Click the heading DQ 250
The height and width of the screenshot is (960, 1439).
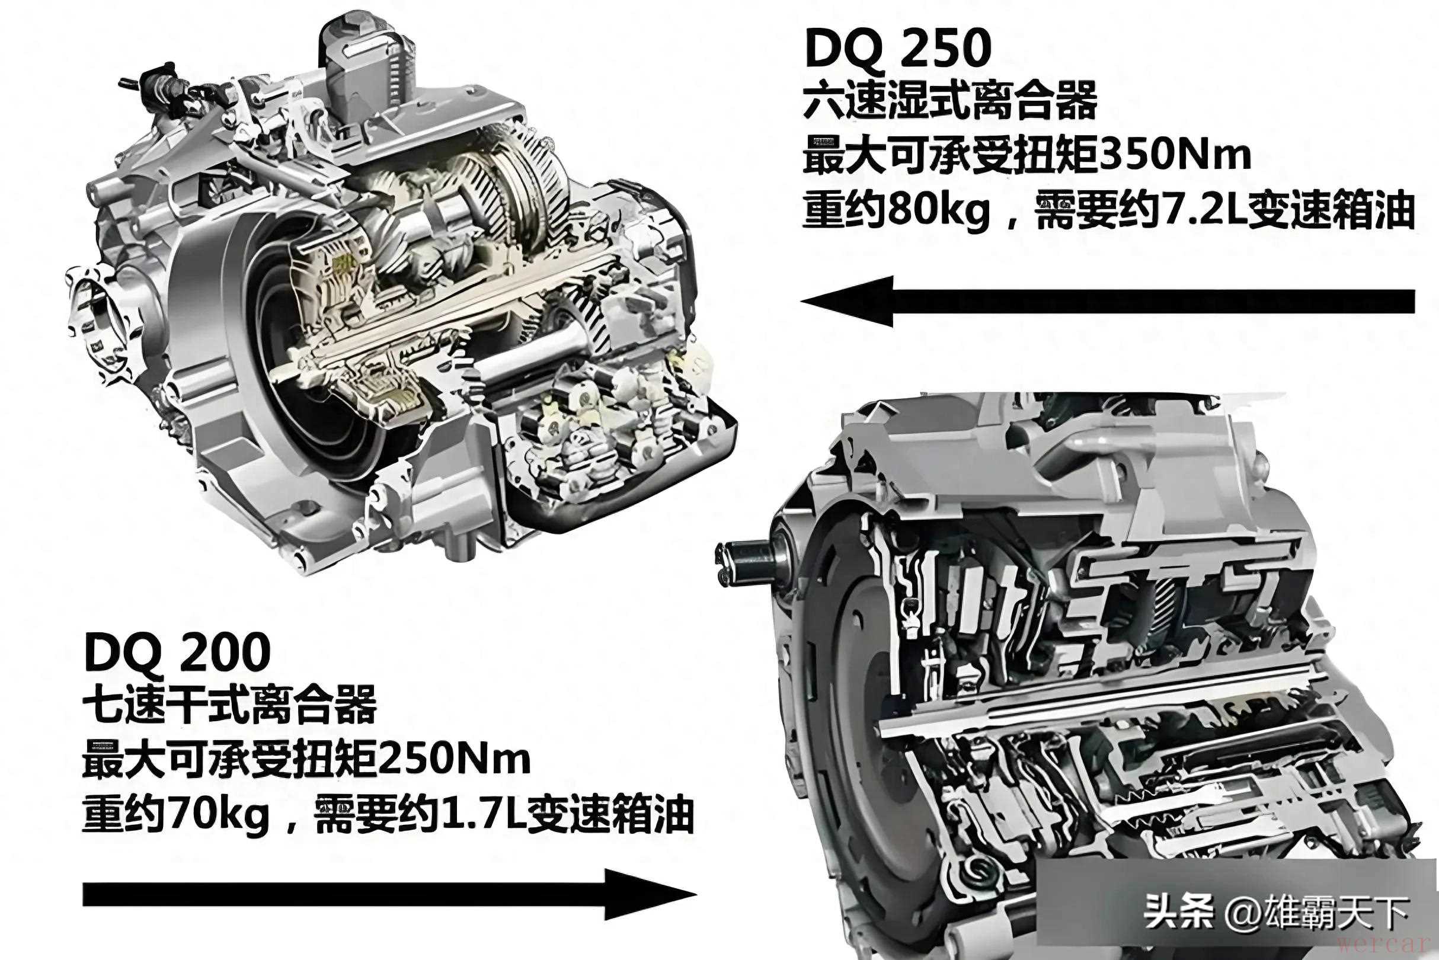tap(898, 49)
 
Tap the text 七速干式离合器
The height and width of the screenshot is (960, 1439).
tap(229, 705)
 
